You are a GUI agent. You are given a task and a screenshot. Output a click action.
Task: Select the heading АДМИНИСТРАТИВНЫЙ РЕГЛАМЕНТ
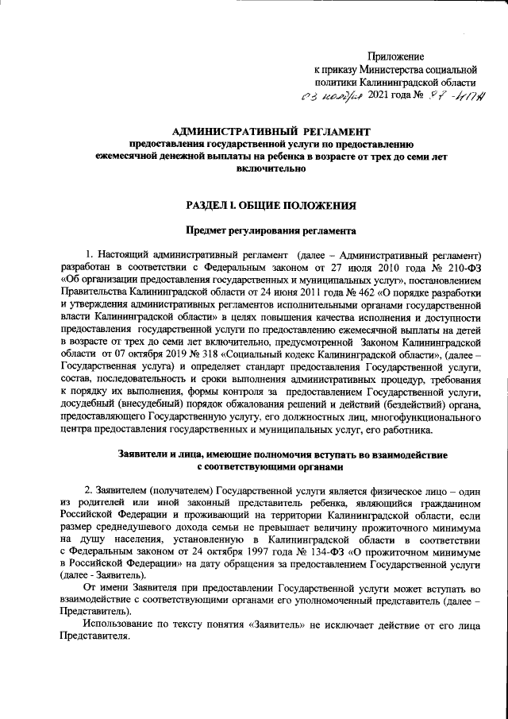pyautogui.click(x=271, y=130)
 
